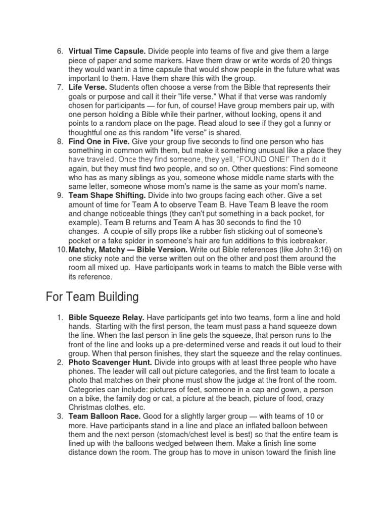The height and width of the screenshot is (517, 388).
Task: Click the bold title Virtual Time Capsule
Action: click(107, 51)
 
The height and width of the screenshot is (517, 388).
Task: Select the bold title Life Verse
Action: click(88, 87)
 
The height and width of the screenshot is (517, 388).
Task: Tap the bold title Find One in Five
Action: click(99, 142)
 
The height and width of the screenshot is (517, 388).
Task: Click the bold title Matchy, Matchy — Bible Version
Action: click(128, 250)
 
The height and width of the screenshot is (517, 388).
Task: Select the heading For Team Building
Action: click(91, 296)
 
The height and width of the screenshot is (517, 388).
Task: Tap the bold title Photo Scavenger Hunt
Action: click(111, 363)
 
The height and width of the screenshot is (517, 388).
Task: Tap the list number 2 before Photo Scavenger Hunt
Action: click(60, 363)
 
